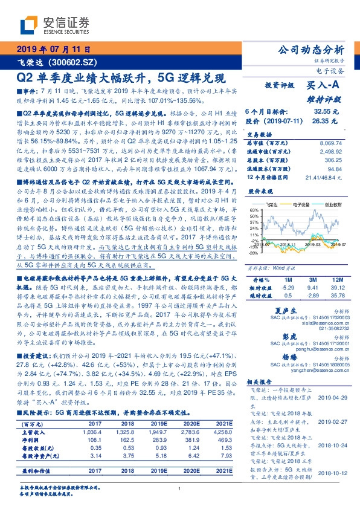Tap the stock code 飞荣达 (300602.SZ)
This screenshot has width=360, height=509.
pyautogui.click(x=55, y=62)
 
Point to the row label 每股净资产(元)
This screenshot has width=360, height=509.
pyautogui.click(x=37, y=472)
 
